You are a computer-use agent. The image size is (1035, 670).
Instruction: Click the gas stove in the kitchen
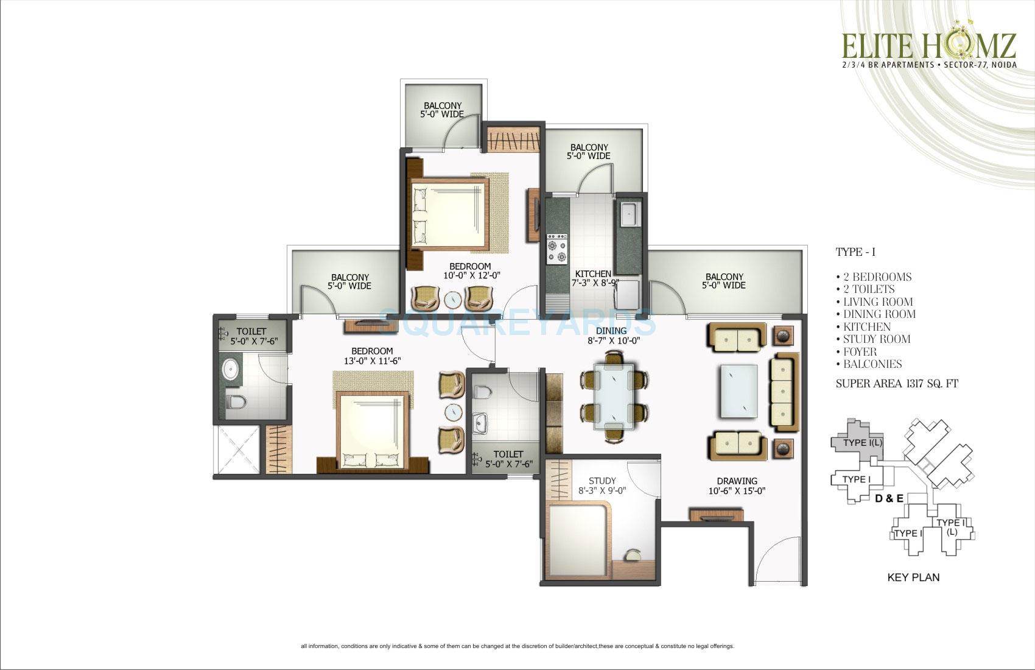[558, 248]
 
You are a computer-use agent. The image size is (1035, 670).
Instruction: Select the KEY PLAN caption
[913, 577]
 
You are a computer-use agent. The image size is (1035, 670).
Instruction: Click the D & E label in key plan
[889, 499]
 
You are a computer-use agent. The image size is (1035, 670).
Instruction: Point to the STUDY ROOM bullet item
[877, 339]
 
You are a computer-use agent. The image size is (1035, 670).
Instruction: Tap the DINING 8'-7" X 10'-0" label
[612, 336]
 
